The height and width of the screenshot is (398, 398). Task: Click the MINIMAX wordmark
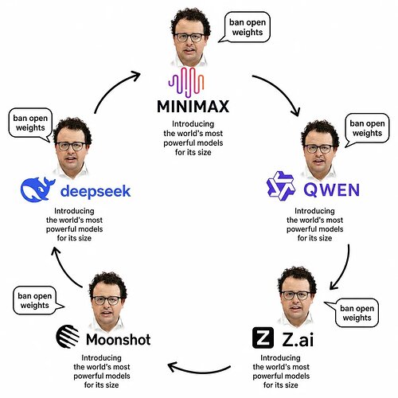193,107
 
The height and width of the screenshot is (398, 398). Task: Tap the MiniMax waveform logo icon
186,82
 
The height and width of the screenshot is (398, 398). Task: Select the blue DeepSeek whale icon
37,189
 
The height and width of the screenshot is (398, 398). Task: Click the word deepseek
96,191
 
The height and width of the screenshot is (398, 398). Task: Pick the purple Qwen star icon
281,185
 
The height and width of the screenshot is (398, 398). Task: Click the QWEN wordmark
332,189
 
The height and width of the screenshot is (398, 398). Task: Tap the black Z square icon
263,338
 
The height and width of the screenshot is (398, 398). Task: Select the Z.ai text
298,339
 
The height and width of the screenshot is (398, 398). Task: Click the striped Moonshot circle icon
68,337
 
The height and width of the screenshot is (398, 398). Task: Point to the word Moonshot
119,339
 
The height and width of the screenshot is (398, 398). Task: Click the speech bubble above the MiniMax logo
244,27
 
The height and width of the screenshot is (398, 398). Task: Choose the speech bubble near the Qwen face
367,130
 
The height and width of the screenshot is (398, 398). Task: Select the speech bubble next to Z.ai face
353,313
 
